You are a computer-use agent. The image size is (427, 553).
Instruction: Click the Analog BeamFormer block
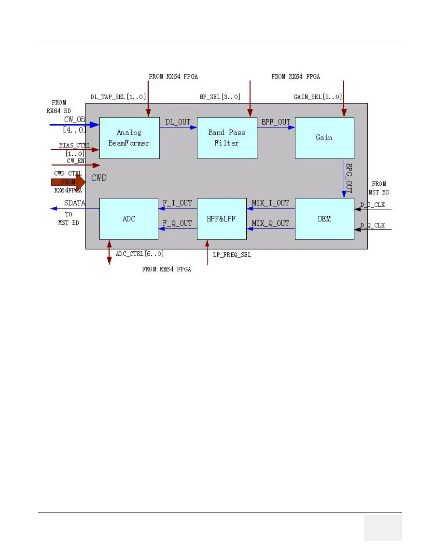pyautogui.click(x=129, y=138)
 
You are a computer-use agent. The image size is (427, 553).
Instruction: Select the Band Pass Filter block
pyautogui.click(x=227, y=138)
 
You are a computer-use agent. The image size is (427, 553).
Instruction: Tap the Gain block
pyautogui.click(x=324, y=138)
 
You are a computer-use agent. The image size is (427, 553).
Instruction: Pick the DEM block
pyautogui.click(x=324, y=219)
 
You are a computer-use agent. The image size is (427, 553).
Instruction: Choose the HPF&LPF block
pyautogui.click(x=222, y=219)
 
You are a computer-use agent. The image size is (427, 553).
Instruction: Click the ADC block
pyautogui.click(x=129, y=219)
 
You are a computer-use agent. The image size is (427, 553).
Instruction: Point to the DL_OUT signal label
pyautogui.click(x=178, y=122)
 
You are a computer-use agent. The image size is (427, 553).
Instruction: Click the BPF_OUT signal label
pyautogui.click(x=276, y=122)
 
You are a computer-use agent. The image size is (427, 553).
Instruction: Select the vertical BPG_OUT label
pyautogui.click(x=349, y=178)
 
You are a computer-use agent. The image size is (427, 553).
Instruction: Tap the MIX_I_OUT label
pyautogui.click(x=270, y=203)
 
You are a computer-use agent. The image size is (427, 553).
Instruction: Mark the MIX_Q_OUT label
pyautogui.click(x=270, y=223)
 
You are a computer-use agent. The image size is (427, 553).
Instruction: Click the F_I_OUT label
pyautogui.click(x=177, y=203)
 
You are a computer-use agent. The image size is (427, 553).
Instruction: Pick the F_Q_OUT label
pyautogui.click(x=177, y=223)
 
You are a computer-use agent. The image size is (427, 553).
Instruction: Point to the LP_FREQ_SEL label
pyautogui.click(x=232, y=255)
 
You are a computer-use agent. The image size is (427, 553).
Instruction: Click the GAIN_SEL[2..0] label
pyautogui.click(x=317, y=97)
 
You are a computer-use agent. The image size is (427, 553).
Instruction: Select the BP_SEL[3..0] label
pyautogui.click(x=220, y=97)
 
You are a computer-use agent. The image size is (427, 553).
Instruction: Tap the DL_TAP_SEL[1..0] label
pyautogui.click(x=118, y=97)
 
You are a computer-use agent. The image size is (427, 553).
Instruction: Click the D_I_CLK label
pyautogui.click(x=373, y=205)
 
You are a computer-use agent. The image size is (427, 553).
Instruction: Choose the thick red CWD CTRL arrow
pyautogui.click(x=68, y=182)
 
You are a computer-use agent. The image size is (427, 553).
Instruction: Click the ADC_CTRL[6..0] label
pyautogui.click(x=140, y=254)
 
